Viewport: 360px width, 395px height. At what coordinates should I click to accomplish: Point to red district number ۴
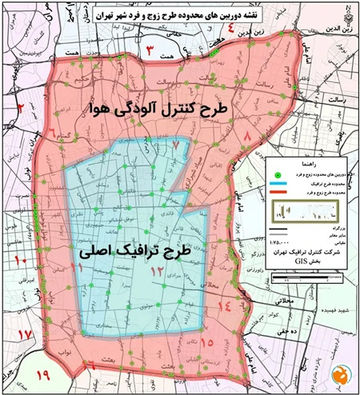(233, 33)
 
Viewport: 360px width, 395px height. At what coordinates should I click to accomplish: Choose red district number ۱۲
(158, 273)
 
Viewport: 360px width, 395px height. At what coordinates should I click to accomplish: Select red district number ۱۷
(25, 333)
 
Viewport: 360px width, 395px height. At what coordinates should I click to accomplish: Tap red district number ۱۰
(22, 260)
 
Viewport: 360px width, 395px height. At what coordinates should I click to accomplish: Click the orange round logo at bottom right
(342, 373)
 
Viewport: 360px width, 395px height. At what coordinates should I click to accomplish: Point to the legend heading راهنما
(308, 162)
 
